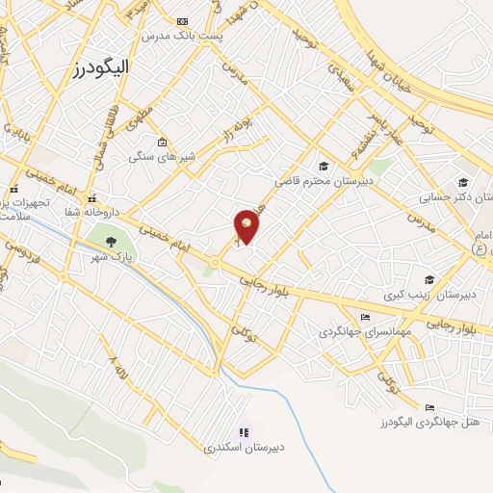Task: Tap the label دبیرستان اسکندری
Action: (241, 448)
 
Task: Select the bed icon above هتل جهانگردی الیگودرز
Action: (429, 406)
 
